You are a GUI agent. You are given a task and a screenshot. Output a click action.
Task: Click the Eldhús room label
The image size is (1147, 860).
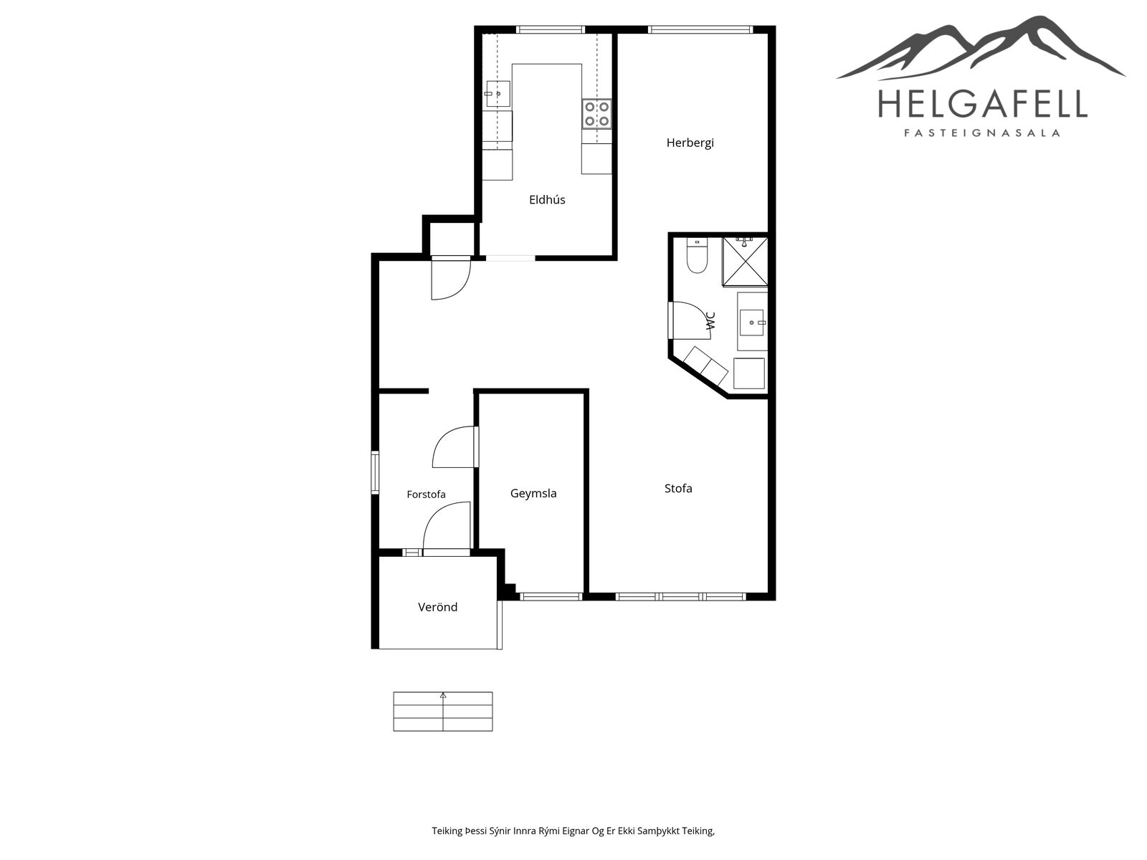(546, 199)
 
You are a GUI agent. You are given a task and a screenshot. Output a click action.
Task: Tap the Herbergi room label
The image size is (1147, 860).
(690, 143)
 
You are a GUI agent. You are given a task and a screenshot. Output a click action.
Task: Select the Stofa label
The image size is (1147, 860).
(677, 488)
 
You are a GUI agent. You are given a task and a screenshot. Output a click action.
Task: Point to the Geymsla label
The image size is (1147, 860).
(533, 494)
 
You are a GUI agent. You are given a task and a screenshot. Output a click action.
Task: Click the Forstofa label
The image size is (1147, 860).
(426, 494)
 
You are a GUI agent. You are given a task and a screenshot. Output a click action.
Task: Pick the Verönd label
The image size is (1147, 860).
(437, 607)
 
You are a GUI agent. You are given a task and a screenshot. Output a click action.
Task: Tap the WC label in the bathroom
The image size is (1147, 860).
(710, 321)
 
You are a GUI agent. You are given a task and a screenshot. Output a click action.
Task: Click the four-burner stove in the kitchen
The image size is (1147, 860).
(596, 114)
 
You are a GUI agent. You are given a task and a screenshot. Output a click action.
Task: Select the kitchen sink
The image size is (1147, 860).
(498, 94)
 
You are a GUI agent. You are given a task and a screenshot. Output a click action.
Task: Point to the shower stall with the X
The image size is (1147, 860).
(745, 262)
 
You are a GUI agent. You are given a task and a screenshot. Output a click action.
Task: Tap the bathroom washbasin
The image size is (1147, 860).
(753, 322)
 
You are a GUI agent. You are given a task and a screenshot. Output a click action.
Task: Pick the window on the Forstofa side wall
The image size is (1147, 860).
(375, 472)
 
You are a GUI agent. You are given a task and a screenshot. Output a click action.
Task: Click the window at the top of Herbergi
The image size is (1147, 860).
(700, 29)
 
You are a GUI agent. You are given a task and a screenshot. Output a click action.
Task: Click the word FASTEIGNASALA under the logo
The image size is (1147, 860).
(982, 133)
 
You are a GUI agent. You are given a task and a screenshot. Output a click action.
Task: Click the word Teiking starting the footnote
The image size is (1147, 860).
(447, 831)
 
